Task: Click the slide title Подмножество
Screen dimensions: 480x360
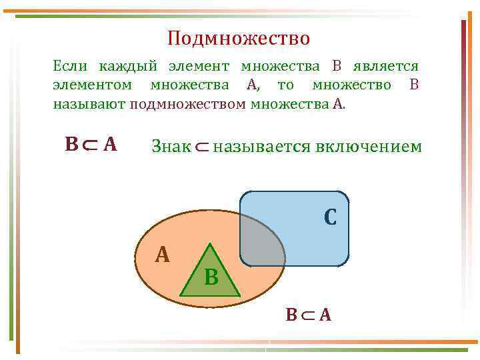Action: point(239,39)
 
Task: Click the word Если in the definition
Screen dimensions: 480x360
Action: point(69,66)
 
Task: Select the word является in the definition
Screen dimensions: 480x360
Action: point(389,66)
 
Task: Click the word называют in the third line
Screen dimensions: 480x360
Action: point(89,104)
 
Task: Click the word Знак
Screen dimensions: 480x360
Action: point(171,146)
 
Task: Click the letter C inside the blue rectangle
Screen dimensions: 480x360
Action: point(330,217)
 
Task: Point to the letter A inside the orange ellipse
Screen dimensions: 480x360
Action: point(162,254)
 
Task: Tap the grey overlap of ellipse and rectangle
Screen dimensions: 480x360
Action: point(263,240)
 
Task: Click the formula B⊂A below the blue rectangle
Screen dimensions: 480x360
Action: point(308,314)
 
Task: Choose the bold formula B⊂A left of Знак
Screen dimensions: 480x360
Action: point(91,144)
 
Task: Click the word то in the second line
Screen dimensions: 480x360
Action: point(285,85)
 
